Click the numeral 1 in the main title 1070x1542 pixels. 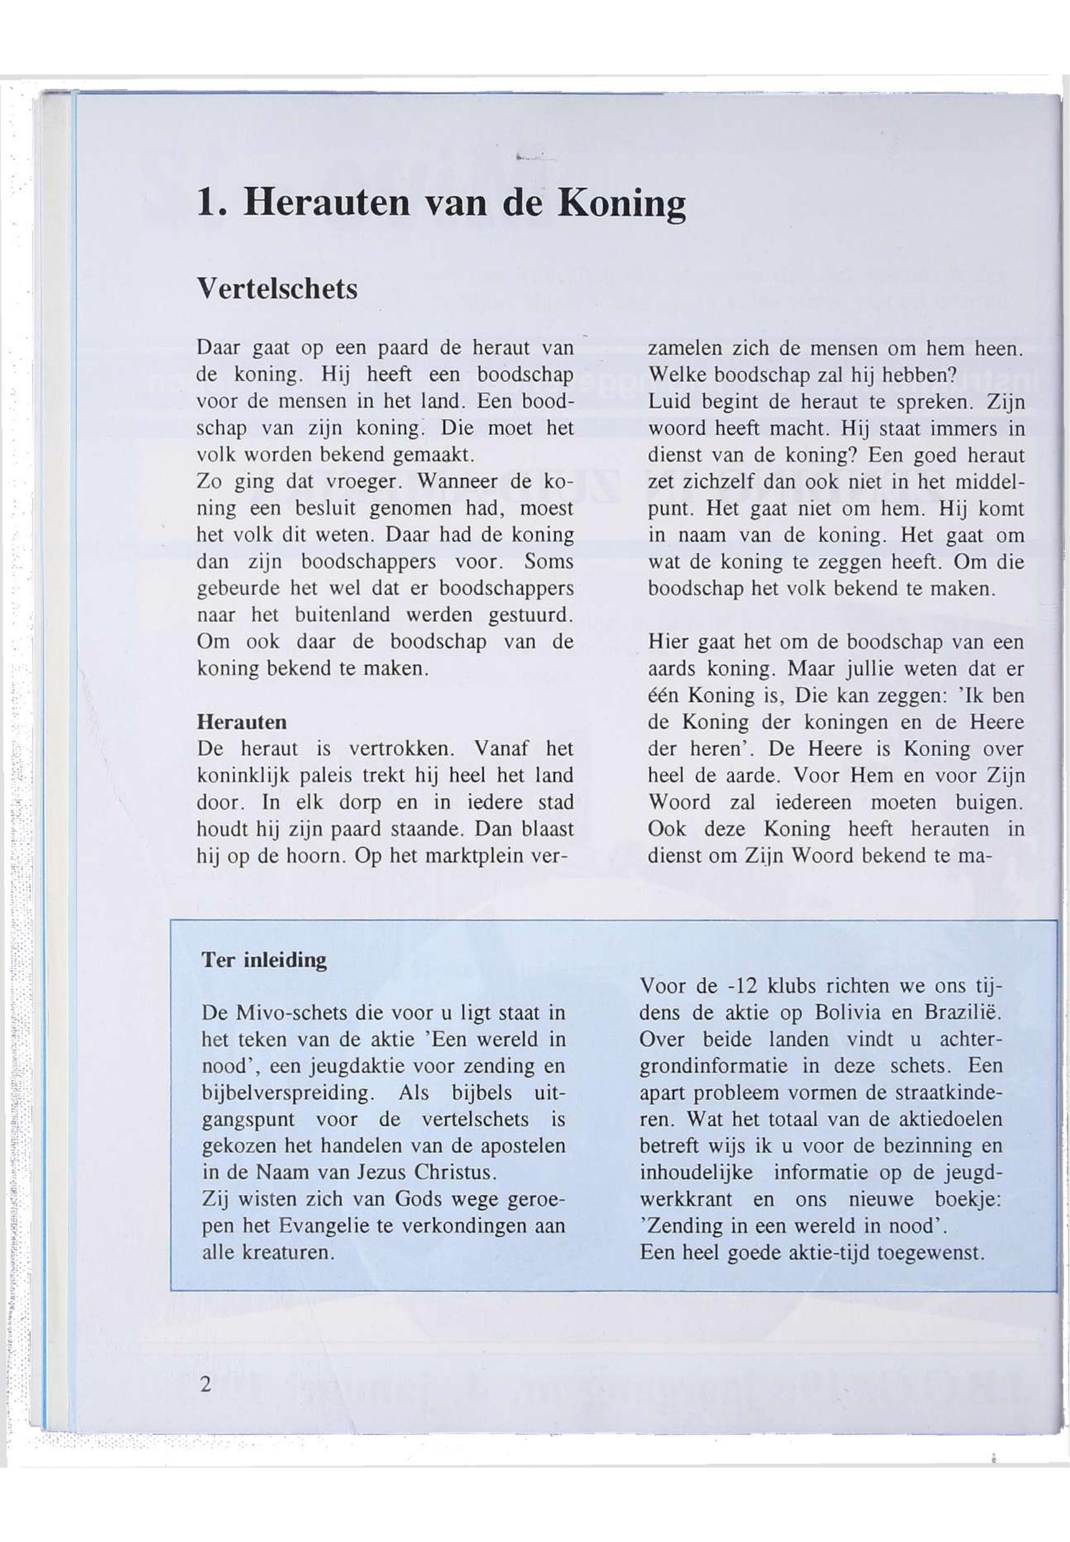click(x=206, y=202)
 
